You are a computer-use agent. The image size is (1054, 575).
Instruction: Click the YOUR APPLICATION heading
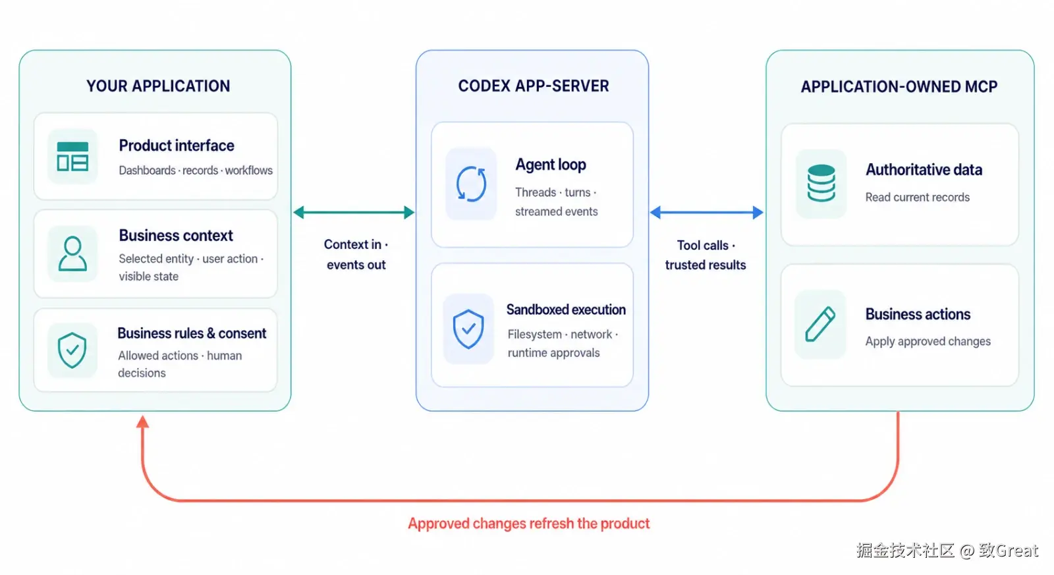pos(158,86)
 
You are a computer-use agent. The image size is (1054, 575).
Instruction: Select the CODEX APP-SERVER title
pos(534,86)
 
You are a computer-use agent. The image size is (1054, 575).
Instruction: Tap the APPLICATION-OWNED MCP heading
pos(899,86)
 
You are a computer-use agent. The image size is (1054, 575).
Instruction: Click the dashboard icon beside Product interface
pos(72,156)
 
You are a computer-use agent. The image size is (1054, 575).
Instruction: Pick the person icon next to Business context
pos(72,254)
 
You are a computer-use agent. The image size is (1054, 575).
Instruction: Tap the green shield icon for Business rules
pos(72,350)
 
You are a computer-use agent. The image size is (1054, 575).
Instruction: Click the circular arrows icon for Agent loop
pos(471,184)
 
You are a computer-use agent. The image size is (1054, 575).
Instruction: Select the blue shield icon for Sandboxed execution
pos(468,329)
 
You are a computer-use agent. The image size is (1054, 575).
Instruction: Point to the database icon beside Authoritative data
pos(821,183)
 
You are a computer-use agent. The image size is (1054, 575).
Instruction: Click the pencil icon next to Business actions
pos(820,324)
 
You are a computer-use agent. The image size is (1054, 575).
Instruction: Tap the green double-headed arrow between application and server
pos(354,212)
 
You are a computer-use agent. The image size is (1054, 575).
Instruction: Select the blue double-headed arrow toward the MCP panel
pos(707,212)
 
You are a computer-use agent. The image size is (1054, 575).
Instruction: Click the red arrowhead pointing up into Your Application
pos(142,422)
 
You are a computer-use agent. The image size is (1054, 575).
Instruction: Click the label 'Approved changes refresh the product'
pos(529,523)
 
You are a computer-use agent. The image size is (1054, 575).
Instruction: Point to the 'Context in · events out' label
pos(356,254)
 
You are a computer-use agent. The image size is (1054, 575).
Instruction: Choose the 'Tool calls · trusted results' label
pos(706,255)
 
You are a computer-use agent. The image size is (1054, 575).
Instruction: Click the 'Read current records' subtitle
pos(918,197)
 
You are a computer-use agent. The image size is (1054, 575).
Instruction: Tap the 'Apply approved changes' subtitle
pos(928,341)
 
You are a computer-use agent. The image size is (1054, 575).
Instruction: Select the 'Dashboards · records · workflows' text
pos(196,171)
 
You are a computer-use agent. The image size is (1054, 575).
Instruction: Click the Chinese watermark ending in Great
pos(947,550)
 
